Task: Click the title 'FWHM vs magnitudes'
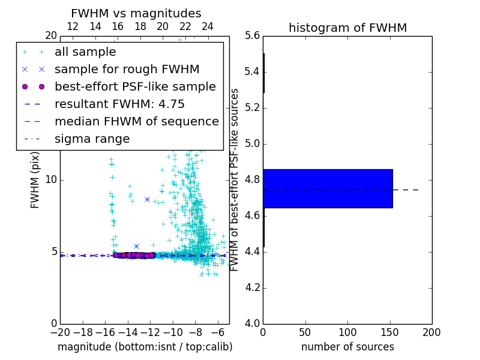point(136,13)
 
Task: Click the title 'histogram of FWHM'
point(347,28)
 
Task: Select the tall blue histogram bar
point(328,188)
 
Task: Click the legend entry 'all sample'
point(85,52)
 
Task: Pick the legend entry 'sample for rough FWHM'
point(127,70)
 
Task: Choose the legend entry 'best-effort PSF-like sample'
point(135,87)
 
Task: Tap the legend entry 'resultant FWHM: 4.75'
point(119,104)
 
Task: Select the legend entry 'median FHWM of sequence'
point(136,122)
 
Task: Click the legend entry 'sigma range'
point(92,139)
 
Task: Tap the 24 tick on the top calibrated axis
point(208,26)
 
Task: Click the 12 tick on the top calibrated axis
point(73,26)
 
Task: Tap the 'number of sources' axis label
point(347,347)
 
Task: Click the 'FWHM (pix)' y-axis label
point(35,181)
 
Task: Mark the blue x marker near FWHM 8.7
point(147,199)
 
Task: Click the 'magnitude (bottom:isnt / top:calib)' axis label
point(145,347)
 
